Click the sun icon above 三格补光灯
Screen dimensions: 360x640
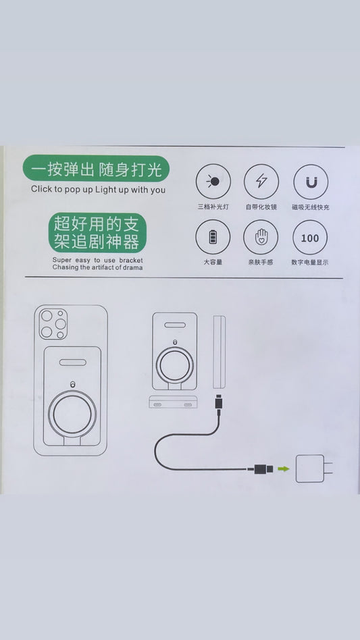point(213,181)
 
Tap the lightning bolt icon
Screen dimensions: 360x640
point(261,181)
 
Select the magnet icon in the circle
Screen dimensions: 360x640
point(311,182)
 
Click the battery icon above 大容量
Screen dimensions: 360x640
point(213,237)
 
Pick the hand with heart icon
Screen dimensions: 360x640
point(261,237)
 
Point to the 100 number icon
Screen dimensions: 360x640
point(310,238)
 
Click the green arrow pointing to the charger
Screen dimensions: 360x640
point(283,469)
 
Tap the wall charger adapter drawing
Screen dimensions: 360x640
point(314,469)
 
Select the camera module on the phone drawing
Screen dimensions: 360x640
point(53,324)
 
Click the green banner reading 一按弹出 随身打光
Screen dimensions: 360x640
point(96,168)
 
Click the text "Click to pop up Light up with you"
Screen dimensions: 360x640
point(99,190)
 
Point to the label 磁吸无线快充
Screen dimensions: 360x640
point(311,207)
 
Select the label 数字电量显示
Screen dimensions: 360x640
point(310,263)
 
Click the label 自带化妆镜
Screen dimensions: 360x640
point(261,207)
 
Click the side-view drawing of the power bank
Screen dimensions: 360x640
point(220,352)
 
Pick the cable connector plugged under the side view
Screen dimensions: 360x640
point(219,404)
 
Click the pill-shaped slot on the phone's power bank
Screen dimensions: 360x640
point(73,362)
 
